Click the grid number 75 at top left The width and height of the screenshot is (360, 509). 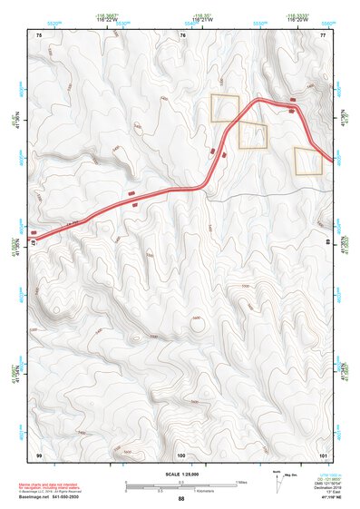point(39,34)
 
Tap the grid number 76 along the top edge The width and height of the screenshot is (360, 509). point(182,34)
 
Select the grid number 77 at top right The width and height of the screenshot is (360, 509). point(323,34)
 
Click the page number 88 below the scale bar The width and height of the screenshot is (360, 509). point(181,499)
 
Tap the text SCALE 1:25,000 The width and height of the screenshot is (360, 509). point(181,474)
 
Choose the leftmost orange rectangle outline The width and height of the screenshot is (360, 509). point(225,108)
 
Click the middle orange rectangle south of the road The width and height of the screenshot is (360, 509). point(253,135)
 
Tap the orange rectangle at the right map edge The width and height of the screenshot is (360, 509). point(308,161)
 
